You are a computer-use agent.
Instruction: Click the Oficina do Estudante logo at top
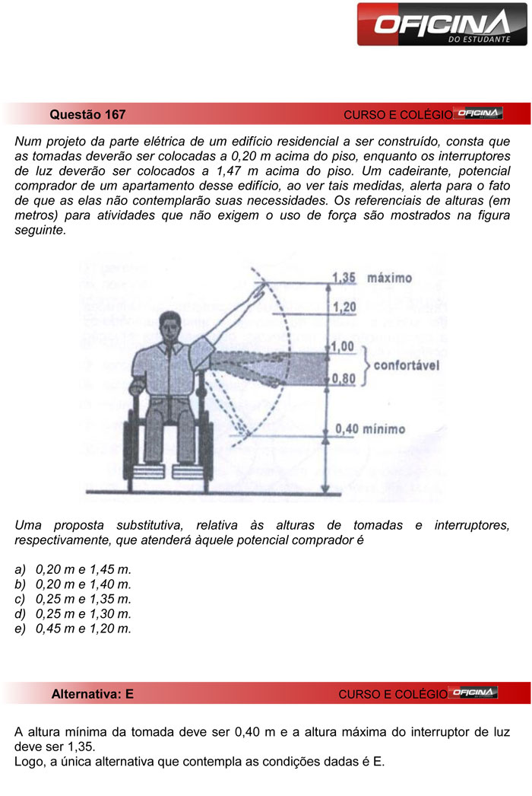tap(442, 24)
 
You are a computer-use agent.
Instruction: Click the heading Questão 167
tap(87, 115)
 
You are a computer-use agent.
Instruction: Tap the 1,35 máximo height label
tap(373, 278)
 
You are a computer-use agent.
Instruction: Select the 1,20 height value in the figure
tap(344, 307)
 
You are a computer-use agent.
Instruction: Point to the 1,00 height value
tap(344, 347)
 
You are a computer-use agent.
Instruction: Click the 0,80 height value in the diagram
tap(344, 377)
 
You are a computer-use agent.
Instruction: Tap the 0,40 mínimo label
tap(370, 429)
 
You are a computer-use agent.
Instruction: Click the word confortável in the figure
tap(407, 365)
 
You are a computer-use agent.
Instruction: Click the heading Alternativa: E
tap(92, 694)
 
